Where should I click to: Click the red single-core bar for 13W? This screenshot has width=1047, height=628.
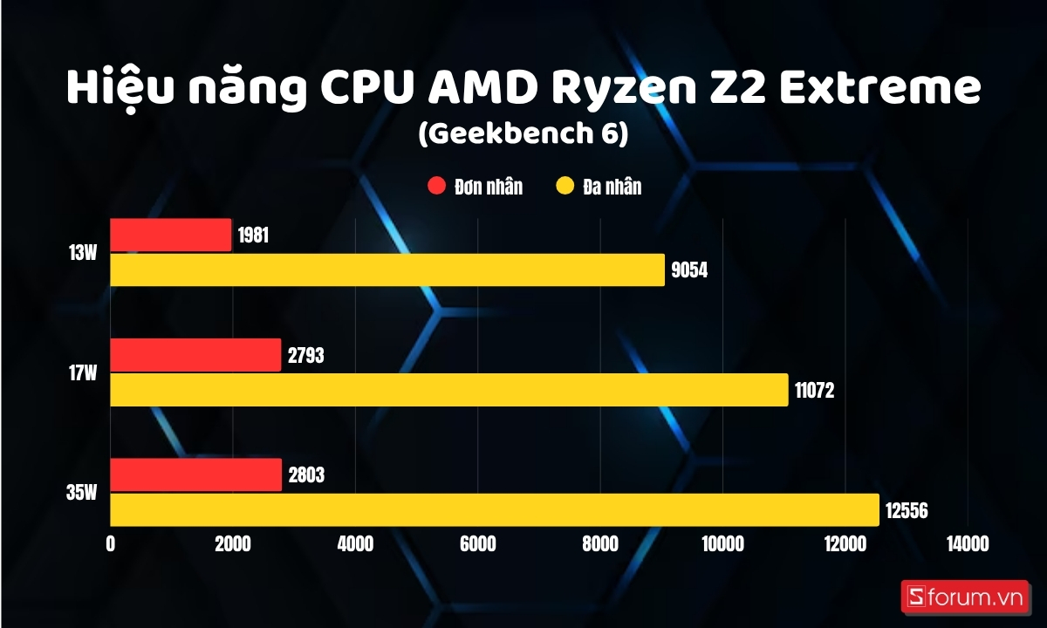[171, 235]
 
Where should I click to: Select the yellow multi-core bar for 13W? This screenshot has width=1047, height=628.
[387, 270]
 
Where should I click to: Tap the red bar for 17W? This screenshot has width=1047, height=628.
[195, 355]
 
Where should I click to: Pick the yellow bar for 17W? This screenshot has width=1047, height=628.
[449, 390]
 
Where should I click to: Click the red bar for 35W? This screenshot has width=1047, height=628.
[196, 475]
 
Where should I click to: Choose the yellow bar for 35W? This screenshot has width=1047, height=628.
[495, 510]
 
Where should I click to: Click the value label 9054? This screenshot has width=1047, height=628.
[689, 270]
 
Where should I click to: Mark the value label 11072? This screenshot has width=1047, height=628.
[814, 390]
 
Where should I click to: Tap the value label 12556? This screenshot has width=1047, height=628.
[907, 510]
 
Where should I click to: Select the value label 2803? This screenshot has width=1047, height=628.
[305, 475]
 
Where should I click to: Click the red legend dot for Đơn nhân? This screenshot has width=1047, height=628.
[436, 187]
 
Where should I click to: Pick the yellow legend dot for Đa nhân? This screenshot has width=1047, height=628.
[565, 187]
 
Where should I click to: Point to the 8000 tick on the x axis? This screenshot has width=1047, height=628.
[600, 544]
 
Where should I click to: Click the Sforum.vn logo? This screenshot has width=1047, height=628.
[964, 597]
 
